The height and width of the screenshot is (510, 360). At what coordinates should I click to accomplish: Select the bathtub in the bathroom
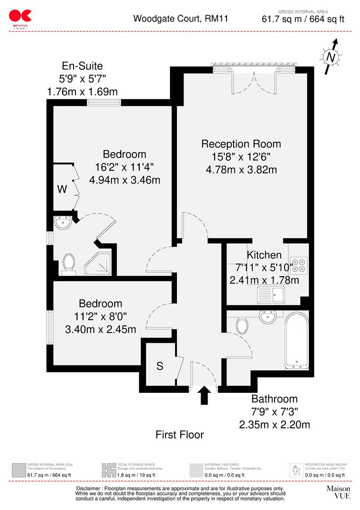297,340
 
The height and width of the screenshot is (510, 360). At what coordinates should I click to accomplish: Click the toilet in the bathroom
243,324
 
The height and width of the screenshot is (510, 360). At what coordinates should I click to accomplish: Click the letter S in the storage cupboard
160,365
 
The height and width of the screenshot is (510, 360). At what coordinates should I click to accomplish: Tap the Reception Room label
241,144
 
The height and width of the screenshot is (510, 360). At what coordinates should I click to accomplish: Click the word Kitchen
264,255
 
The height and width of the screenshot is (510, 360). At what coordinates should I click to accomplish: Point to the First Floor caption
180,434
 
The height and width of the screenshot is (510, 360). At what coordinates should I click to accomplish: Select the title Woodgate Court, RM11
174,19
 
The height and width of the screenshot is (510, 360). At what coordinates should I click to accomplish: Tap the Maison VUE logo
338,493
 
